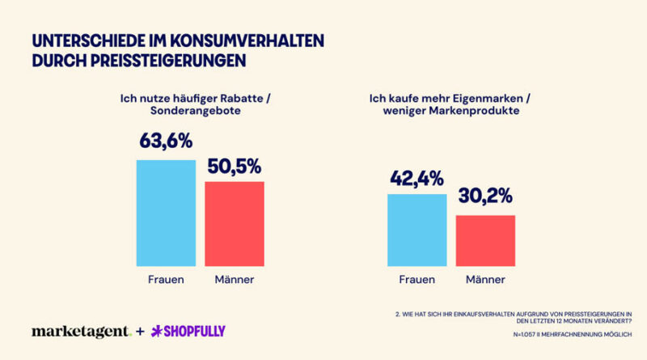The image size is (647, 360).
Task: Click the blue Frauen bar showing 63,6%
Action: pyautogui.click(x=166, y=213)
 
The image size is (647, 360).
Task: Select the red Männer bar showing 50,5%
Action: pyautogui.click(x=235, y=224)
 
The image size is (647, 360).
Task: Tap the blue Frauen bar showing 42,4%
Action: pyautogui.click(x=417, y=230)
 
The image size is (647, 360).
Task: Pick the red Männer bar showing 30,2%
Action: pyautogui.click(x=485, y=241)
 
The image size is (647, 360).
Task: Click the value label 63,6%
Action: pyautogui.click(x=166, y=141)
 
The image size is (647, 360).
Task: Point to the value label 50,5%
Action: pyautogui.click(x=235, y=167)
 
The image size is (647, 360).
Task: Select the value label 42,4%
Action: pyautogui.click(x=417, y=178)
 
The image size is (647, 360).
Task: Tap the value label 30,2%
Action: pyautogui.click(x=485, y=196)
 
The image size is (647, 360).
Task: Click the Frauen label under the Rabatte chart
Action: pyautogui.click(x=166, y=279)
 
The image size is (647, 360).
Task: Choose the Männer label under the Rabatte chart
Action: pyautogui.click(x=235, y=279)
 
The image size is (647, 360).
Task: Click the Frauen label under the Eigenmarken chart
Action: pyautogui.click(x=417, y=279)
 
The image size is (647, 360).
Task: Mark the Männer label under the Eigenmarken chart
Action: pyautogui.click(x=485, y=279)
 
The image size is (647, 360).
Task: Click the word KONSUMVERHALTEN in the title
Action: pyautogui.click(x=247, y=41)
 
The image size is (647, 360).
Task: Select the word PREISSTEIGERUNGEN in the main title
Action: pyautogui.click(x=168, y=61)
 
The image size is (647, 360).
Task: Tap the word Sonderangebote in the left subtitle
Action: pyautogui.click(x=196, y=111)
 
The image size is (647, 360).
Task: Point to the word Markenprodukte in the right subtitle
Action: pyautogui.click(x=474, y=111)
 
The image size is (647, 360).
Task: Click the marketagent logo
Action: pyautogui.click(x=82, y=331)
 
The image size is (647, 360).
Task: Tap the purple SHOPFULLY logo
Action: pyautogui.click(x=188, y=331)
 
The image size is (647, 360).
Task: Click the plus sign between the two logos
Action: pyautogui.click(x=140, y=331)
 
